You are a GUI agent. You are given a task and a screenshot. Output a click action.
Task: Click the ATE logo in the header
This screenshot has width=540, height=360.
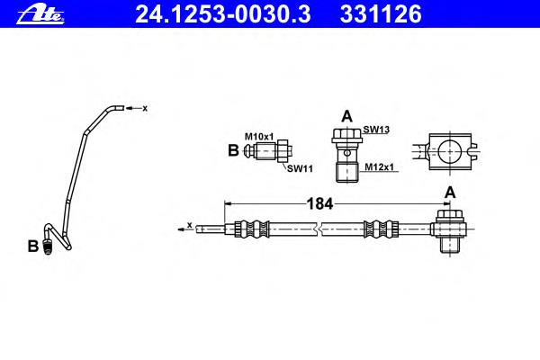(40, 14)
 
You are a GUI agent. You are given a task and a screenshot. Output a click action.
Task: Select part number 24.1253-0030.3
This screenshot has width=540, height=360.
(223, 14)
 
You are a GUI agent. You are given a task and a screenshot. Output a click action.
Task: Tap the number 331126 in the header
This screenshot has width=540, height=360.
(381, 14)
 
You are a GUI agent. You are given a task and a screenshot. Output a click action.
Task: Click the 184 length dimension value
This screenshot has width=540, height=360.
(319, 203)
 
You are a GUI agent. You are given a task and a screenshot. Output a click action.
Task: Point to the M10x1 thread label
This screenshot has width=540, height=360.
(259, 137)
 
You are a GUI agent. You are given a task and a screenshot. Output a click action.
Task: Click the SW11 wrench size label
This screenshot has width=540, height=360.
(300, 168)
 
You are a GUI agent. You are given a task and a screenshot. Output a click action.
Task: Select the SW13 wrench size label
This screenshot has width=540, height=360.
(376, 130)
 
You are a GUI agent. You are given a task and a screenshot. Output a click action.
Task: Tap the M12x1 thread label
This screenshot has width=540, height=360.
(379, 167)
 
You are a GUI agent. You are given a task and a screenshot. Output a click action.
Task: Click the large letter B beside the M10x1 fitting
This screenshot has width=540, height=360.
(233, 150)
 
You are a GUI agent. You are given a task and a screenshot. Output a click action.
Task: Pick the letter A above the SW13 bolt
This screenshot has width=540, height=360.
(346, 116)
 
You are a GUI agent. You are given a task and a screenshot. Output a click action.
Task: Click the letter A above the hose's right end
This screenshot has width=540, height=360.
(450, 193)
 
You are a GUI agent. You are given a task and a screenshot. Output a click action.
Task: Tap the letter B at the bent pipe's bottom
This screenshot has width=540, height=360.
(32, 247)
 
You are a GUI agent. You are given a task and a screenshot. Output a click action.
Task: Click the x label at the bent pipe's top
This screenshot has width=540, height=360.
(145, 109)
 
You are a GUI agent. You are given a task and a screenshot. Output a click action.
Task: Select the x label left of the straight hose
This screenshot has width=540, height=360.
(189, 225)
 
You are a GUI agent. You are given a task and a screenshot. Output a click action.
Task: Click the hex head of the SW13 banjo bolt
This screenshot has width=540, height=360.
(347, 136)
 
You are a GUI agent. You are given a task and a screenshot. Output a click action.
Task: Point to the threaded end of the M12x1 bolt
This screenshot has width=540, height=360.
(347, 173)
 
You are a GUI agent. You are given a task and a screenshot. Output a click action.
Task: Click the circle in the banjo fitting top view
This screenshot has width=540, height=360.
(449, 151)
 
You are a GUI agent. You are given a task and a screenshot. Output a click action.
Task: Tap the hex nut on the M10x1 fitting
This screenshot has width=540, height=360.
(283, 151)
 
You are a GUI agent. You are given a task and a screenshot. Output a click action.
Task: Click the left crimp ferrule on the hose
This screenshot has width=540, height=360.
(252, 229)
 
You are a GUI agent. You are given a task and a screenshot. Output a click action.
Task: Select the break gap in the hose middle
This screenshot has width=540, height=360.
(319, 229)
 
